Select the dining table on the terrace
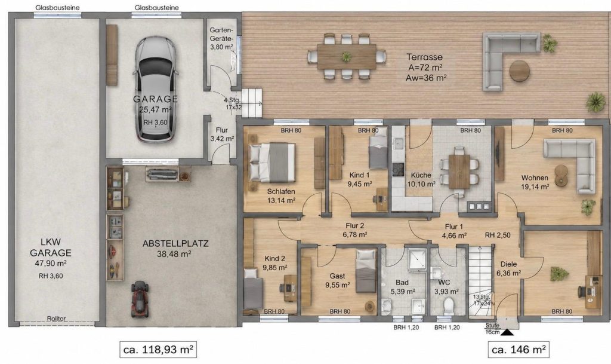click(x=347, y=57)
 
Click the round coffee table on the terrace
click(x=520, y=71)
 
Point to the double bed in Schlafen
click(x=272, y=163)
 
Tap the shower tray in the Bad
click(x=418, y=259)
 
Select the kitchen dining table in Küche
click(x=459, y=172)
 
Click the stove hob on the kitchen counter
click(x=398, y=169)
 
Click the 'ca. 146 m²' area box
click(x=519, y=349)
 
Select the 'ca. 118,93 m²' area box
click(x=158, y=349)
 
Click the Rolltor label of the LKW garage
click(x=56, y=319)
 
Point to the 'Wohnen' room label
click(x=535, y=178)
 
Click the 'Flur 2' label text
click(x=354, y=225)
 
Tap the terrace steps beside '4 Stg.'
click(x=252, y=103)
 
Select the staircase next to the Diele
click(x=480, y=282)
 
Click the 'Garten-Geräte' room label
click(x=221, y=34)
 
